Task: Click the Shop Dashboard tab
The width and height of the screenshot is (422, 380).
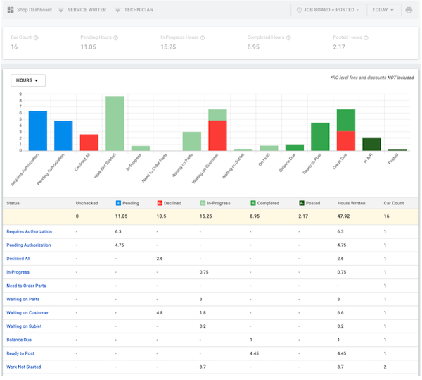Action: pos(29,10)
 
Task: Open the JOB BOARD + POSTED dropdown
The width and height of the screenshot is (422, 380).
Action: pos(327,10)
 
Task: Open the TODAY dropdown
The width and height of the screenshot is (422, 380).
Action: pos(384,10)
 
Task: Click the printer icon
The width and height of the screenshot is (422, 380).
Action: pos(409,10)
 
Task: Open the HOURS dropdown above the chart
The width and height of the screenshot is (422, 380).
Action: pos(28,80)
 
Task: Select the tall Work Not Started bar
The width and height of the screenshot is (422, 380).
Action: pos(115,123)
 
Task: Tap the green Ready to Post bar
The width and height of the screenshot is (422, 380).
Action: pos(320,137)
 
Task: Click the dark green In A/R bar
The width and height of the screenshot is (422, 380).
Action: pos(371,145)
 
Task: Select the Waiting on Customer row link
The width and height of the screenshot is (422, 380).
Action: pos(28,312)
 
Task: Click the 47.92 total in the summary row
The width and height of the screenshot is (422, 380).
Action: pos(345,216)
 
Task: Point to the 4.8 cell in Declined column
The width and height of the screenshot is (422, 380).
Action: pos(160,312)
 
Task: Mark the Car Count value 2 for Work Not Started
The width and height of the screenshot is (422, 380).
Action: pos(385,367)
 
